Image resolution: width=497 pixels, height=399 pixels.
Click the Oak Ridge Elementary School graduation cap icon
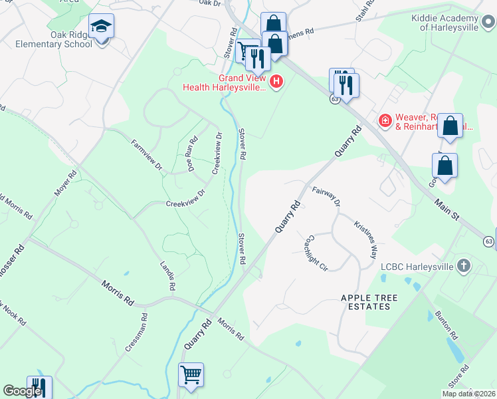coord(101,27)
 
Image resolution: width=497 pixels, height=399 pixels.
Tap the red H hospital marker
coord(276,82)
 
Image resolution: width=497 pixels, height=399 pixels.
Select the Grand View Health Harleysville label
coord(224,82)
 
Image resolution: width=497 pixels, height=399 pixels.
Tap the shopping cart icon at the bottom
coord(191,375)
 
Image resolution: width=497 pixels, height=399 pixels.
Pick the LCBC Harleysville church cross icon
coord(464,267)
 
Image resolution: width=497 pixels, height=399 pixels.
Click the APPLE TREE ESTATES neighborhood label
coord(365,301)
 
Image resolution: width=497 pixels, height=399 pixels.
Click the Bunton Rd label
coord(447,326)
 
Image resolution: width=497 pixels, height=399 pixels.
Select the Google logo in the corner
coord(21,391)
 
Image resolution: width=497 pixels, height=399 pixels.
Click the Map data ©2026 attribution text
coord(468,394)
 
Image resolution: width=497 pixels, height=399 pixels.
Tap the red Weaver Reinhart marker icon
coord(384,120)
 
